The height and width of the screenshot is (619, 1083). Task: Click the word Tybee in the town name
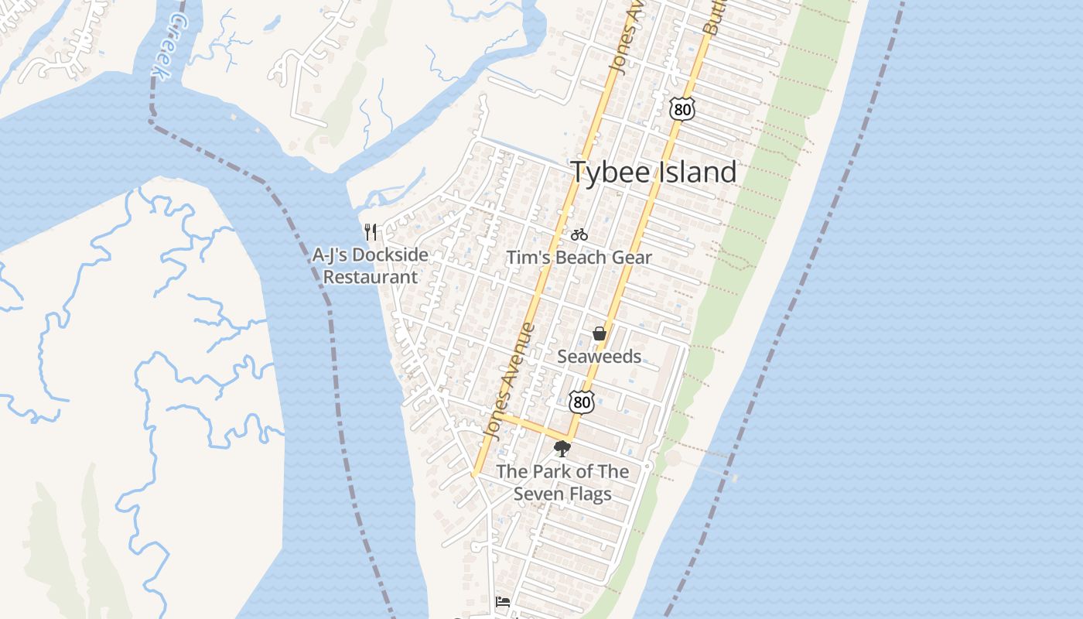(611, 172)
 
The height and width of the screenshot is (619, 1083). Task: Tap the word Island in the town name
(697, 172)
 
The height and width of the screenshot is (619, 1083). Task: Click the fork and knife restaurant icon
(371, 231)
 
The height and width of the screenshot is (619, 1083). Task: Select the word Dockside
(390, 255)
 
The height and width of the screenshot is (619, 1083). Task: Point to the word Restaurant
(370, 277)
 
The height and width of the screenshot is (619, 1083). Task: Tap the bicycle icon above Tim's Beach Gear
(579, 234)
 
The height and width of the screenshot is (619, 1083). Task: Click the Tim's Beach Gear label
(579, 258)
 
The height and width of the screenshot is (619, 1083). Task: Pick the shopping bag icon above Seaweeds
(599, 333)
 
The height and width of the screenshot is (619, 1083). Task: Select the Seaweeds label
(599, 356)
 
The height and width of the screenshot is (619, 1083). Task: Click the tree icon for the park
(562, 448)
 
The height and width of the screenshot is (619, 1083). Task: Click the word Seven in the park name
(539, 494)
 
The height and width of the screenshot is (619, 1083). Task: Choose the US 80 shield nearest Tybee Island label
(682, 109)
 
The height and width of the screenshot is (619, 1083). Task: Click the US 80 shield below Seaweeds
(582, 401)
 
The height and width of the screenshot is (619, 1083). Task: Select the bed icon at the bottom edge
(503, 601)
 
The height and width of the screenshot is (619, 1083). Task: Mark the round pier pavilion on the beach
(673, 457)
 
